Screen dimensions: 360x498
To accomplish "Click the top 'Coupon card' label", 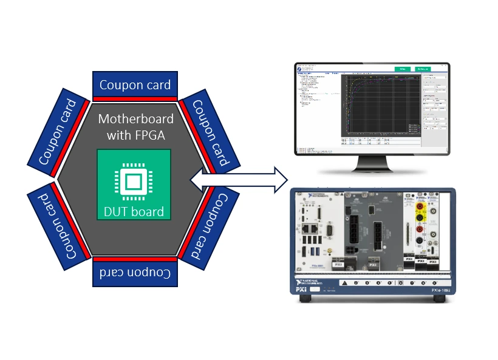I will pyautogui.click(x=135, y=85).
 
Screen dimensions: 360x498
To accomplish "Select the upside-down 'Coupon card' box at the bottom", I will pyautogui.click(x=135, y=274).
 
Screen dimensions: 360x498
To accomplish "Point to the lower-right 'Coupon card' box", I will pyautogui.click(x=211, y=226).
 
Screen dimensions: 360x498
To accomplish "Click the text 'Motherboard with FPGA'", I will pyautogui.click(x=135, y=126).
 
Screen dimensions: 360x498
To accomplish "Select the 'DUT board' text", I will pyautogui.click(x=134, y=212).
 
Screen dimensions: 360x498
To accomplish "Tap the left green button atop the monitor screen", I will pyautogui.click(x=403, y=69).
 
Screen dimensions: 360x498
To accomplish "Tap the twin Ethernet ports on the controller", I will pyautogui.click(x=309, y=229).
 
